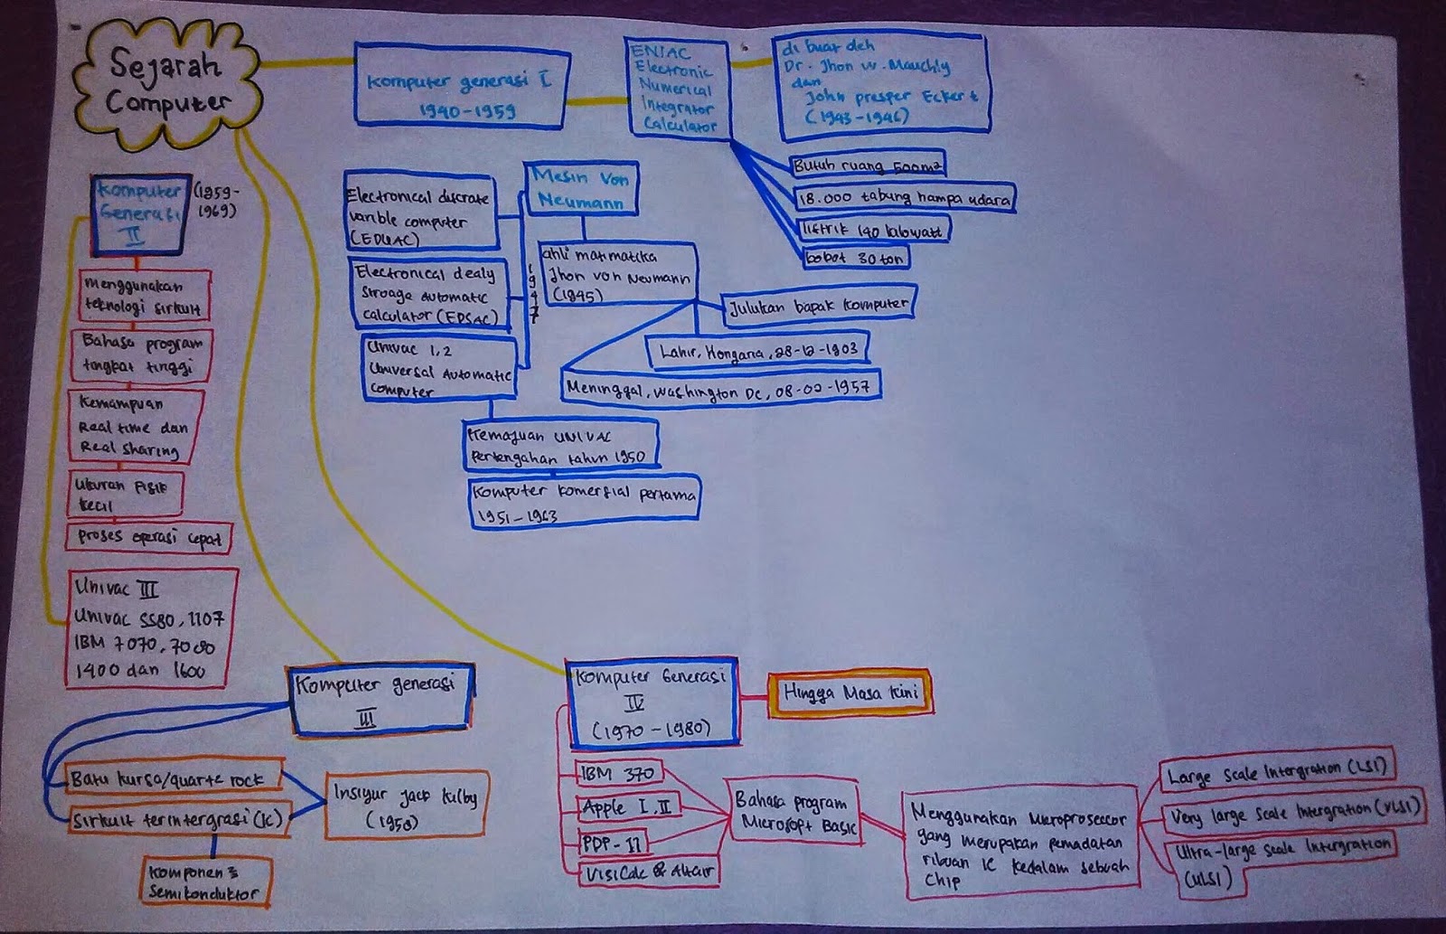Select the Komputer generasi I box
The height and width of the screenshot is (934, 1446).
[x=460, y=85]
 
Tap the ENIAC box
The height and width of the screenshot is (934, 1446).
[x=676, y=89]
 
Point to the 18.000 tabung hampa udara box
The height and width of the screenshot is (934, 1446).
[x=904, y=198]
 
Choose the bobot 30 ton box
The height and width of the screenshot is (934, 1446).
[x=855, y=258]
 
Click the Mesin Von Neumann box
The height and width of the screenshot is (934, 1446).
[x=581, y=189]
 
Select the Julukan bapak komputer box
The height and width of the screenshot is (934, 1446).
[x=819, y=306]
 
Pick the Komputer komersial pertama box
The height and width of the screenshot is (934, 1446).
[x=584, y=503]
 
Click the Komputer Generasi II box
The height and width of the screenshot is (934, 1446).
[x=141, y=214]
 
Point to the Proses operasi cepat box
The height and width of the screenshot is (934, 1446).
[x=149, y=537]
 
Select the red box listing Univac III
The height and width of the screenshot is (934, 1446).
[x=151, y=628]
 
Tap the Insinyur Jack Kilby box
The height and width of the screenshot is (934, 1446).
[x=407, y=807]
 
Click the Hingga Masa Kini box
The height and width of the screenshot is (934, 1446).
[x=849, y=695]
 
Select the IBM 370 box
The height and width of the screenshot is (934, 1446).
[x=619, y=774]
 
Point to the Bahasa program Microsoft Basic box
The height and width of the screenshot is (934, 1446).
[x=793, y=811]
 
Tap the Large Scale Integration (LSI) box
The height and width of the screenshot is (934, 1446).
[x=1275, y=770]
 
